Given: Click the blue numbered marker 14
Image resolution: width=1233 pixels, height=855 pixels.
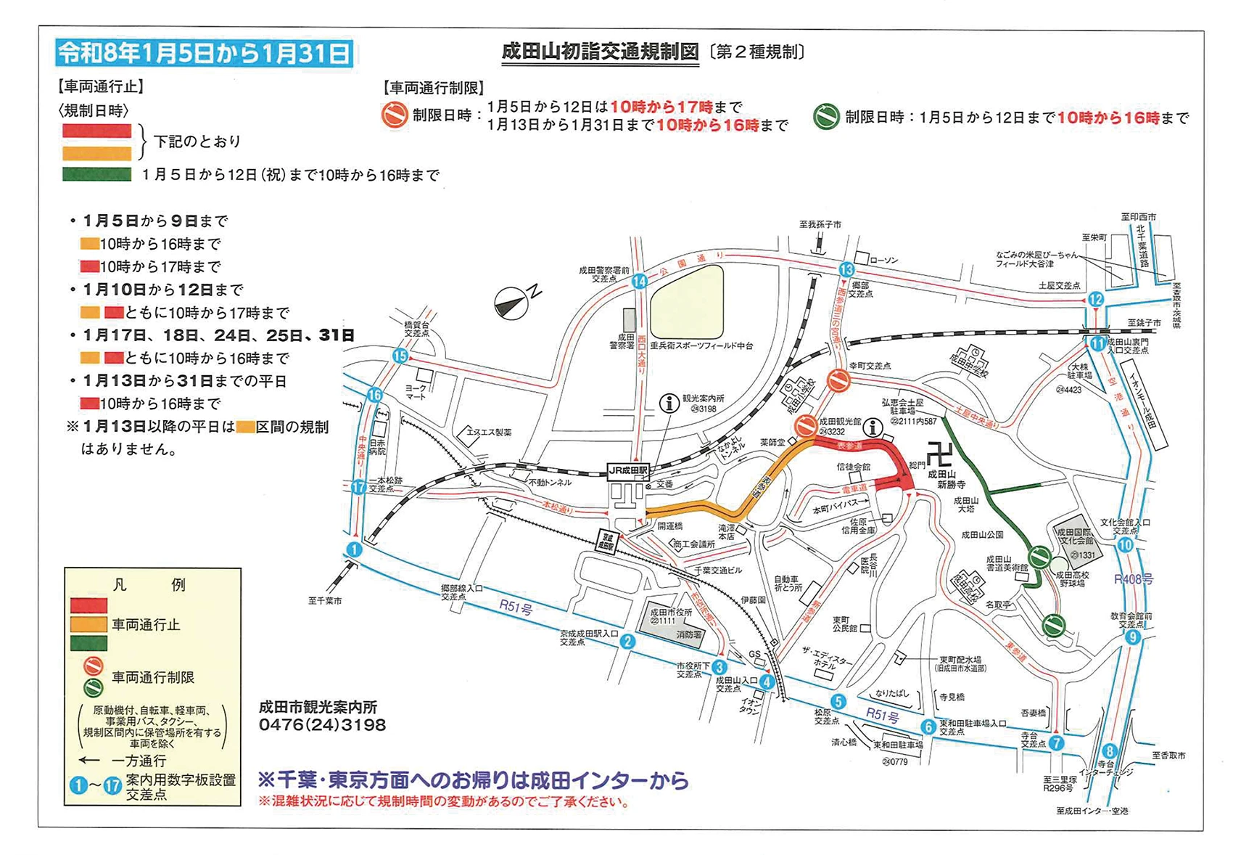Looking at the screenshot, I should click(639, 282).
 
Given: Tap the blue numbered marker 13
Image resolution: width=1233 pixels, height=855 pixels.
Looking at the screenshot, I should click(846, 269).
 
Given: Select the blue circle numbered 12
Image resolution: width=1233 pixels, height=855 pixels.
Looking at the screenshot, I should click(1095, 299).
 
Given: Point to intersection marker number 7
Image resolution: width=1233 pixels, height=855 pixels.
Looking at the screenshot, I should click(1056, 742).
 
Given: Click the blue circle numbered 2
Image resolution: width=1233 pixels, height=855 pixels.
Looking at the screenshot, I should click(627, 641).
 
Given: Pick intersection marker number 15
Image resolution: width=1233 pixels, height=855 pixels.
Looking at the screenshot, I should click(400, 356).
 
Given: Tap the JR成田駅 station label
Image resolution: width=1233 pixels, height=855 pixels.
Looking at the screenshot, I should click(627, 470).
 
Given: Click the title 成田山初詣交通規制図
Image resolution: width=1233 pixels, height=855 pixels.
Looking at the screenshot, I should click(600, 52).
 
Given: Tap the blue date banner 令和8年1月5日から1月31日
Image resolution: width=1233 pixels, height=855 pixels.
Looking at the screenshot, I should click(205, 54).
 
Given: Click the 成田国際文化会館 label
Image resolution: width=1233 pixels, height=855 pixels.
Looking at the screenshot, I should click(1074, 536).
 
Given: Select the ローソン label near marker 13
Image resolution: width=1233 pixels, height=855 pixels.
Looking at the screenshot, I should click(883, 260).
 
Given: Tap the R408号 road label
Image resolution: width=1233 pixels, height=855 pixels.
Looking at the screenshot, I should click(1133, 578).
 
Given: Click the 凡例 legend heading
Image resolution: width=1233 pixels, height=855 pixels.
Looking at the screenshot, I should click(149, 585).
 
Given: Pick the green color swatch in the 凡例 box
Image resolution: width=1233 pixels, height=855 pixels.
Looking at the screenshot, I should click(88, 643).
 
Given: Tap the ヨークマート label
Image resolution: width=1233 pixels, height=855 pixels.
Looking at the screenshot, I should click(416, 393).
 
